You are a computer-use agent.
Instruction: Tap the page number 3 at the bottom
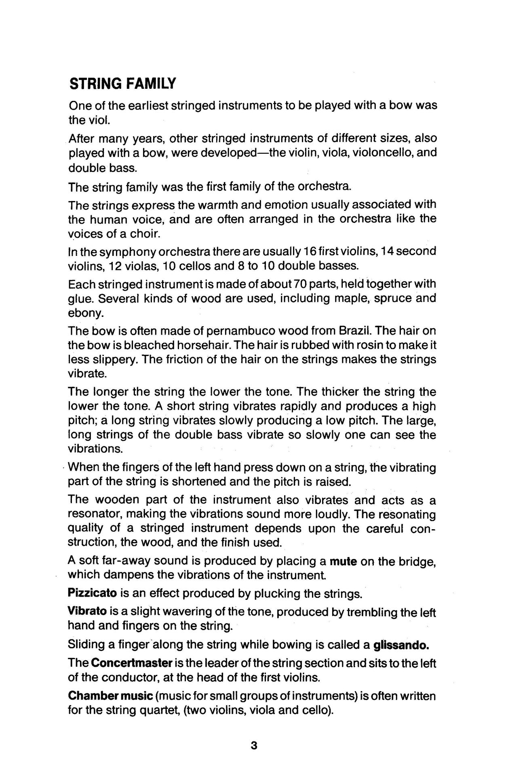click(254, 745)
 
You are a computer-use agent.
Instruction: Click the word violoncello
click(379, 153)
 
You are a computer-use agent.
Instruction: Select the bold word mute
click(343, 561)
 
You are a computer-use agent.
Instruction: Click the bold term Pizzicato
click(93, 593)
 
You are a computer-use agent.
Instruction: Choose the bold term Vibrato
click(87, 612)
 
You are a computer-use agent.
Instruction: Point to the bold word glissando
click(401, 645)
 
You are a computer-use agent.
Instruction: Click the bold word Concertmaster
click(133, 663)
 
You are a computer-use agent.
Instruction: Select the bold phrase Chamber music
click(110, 696)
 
